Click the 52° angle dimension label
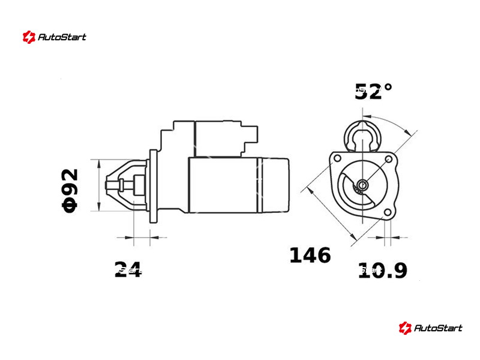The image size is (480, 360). [x=373, y=91]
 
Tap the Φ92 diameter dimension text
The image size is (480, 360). [x=70, y=190]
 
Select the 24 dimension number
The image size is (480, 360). [x=128, y=269]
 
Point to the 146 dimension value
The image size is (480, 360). [x=310, y=255]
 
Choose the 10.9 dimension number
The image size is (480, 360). [x=383, y=270]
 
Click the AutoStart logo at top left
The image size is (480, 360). [x=55, y=37]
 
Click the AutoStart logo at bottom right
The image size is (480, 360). [x=431, y=328]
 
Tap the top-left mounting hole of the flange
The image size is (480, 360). [x=337, y=158]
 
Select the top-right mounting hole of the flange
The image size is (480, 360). [x=388, y=159]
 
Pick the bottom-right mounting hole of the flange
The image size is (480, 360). [x=388, y=212]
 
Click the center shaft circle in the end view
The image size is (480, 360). [x=363, y=185]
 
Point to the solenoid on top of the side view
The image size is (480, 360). [x=209, y=139]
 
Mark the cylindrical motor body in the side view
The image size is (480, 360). [x=239, y=185]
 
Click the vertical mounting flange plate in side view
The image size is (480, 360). [x=153, y=186]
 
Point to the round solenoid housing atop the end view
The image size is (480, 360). [x=363, y=136]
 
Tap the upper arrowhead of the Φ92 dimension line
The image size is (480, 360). [x=99, y=164]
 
